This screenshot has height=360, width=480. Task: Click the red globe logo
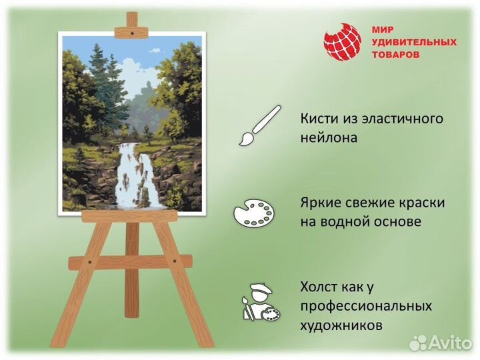342,42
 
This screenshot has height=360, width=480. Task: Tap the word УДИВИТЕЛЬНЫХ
414,42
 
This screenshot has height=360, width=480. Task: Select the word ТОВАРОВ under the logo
395,55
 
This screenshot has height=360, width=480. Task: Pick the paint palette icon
253,214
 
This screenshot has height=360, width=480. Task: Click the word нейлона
329,138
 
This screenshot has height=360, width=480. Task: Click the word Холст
320,287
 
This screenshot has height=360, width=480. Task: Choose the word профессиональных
366,307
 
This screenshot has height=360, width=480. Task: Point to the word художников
341,326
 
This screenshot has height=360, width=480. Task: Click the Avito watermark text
449,343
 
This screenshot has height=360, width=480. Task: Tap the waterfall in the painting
137,177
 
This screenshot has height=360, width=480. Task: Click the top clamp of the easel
132,31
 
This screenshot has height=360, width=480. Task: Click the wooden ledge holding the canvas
129,217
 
